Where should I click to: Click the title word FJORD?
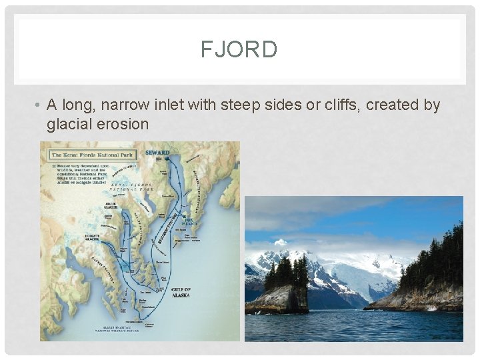[239, 49]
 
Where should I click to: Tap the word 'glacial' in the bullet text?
[70, 124]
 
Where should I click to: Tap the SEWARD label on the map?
[157, 153]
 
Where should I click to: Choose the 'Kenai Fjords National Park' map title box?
[93, 155]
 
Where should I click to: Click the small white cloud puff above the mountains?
[281, 243]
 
